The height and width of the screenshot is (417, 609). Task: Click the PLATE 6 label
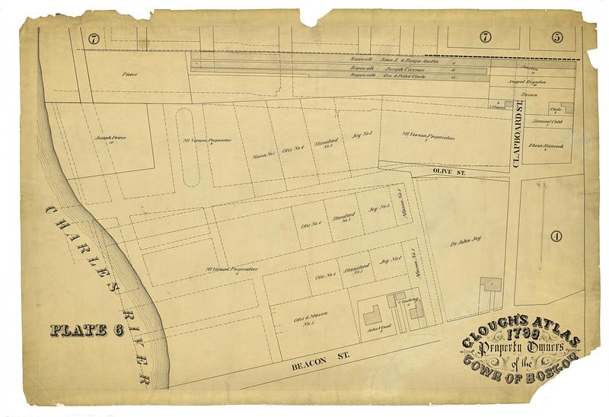[86, 330]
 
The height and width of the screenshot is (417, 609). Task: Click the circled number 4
[556, 236]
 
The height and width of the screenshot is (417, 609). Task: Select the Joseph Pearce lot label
[109, 138]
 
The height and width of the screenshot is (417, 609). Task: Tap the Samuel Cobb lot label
[546, 124]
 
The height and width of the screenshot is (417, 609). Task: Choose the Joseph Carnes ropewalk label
[391, 68]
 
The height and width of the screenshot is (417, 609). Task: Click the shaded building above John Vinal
[372, 314]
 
